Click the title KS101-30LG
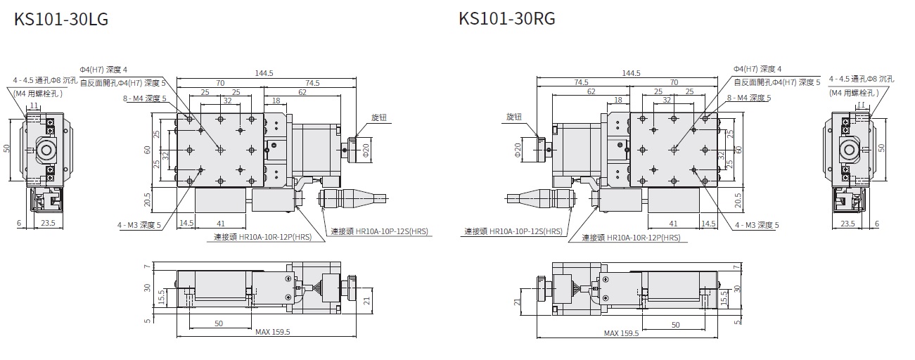[x=61, y=19]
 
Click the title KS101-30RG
[x=506, y=19]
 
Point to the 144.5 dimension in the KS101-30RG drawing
[x=632, y=73]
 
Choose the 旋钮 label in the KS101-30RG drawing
[x=514, y=117]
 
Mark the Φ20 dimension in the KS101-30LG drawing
[x=366, y=149]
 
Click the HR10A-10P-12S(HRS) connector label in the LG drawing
[x=379, y=231]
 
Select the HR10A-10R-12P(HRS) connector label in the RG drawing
[x=631, y=238]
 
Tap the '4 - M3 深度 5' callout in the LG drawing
[x=139, y=225]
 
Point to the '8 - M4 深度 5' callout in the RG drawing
[x=750, y=98]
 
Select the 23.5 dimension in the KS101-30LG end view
[x=47, y=224]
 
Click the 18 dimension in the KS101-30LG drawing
[x=276, y=101]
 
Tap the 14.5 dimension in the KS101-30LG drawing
[x=186, y=224]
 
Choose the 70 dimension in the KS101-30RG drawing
[x=674, y=83]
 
